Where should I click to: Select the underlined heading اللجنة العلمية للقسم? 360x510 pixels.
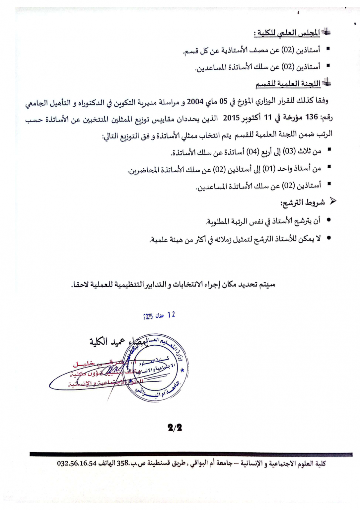pos(288,83)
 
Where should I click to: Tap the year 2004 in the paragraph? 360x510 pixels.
pos(195,101)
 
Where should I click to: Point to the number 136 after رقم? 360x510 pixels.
pos(312,117)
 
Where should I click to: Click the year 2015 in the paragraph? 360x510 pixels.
pos(231,118)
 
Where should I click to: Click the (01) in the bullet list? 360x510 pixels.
pos(268,169)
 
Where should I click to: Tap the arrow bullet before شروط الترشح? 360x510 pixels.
pos(332,201)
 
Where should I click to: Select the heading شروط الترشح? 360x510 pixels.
pos(302,203)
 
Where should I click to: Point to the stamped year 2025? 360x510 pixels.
pos(148,316)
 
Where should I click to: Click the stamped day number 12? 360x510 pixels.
pos(171,315)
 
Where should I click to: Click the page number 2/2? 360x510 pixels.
pos(175,427)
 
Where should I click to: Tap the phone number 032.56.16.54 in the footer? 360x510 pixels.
pos(77,464)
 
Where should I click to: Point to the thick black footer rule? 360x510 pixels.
pos(191,454)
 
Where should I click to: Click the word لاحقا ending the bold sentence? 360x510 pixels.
pos(79,285)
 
